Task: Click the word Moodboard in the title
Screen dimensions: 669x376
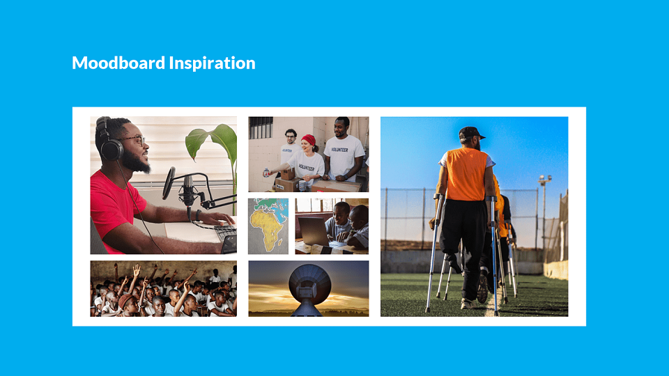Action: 118,63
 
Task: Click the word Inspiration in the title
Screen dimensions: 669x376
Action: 212,63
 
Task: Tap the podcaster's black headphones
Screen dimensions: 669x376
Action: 109,140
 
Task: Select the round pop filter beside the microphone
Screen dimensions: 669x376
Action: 169,183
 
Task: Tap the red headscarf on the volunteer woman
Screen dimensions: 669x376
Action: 309,139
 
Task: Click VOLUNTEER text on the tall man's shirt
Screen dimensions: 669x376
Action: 339,150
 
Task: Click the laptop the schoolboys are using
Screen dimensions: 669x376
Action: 314,231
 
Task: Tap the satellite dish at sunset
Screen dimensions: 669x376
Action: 309,285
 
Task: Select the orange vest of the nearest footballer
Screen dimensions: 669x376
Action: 466,174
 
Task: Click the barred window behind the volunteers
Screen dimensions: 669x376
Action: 261,127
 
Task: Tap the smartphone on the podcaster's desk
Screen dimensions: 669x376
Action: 229,244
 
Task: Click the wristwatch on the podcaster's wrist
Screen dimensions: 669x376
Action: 198,215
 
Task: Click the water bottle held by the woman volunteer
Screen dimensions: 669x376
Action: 266,173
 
